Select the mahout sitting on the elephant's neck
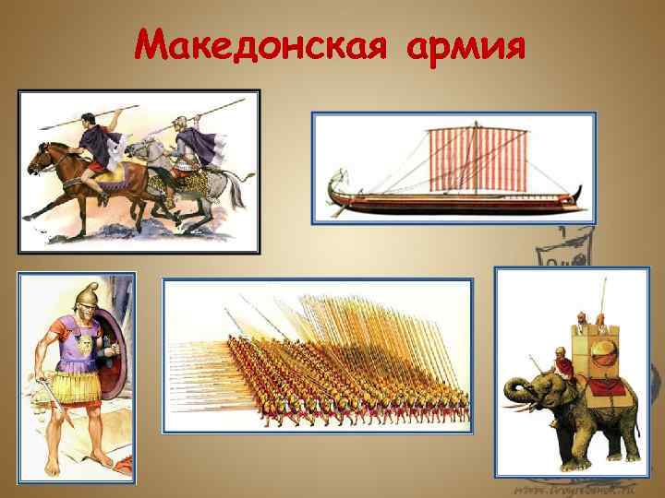click(x=559, y=364)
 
